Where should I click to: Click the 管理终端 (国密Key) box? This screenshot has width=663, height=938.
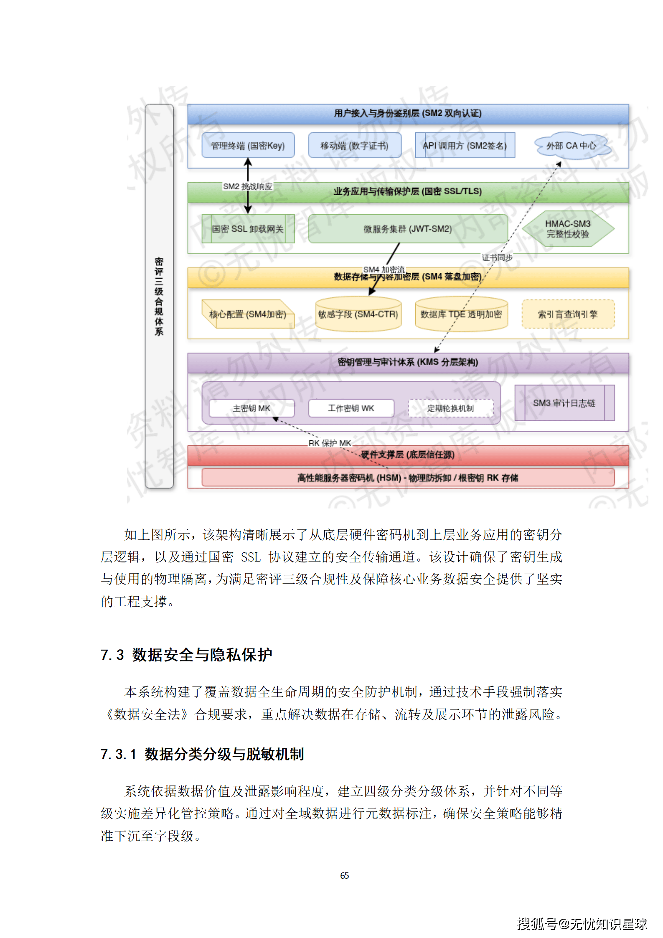pyautogui.click(x=248, y=145)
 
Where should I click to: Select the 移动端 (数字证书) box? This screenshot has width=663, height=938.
pyautogui.click(x=354, y=145)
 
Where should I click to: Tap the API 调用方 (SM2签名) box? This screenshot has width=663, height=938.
pyautogui.click(x=465, y=145)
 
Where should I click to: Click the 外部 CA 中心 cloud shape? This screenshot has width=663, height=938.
pyautogui.click(x=571, y=146)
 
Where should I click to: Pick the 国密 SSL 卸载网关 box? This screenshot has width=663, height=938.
pyautogui.click(x=248, y=229)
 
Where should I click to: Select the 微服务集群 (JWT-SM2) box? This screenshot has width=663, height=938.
pyautogui.click(x=408, y=229)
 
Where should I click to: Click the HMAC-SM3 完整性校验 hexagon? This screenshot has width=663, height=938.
pyautogui.click(x=568, y=229)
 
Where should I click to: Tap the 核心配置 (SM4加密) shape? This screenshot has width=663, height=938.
pyautogui.click(x=248, y=314)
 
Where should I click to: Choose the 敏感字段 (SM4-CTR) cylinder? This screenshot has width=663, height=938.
pyautogui.click(x=358, y=314)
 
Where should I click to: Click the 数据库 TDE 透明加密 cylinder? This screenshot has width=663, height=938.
pyautogui.click(x=461, y=314)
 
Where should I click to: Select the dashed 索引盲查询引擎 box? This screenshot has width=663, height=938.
pyautogui.click(x=568, y=314)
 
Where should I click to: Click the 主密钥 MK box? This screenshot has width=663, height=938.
pyautogui.click(x=251, y=408)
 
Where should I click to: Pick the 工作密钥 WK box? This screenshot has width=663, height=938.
pyautogui.click(x=351, y=408)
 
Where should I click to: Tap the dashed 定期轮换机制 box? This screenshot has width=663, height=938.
pyautogui.click(x=450, y=408)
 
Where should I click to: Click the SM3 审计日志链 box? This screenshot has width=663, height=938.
pyautogui.click(x=564, y=403)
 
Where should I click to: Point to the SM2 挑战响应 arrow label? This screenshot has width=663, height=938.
pyautogui.click(x=247, y=186)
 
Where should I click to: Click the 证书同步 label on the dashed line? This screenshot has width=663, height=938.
pyautogui.click(x=497, y=258)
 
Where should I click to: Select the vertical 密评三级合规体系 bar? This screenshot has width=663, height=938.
pyautogui.click(x=159, y=296)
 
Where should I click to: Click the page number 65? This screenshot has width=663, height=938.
pyautogui.click(x=344, y=875)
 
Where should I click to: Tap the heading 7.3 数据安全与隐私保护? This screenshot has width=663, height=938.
pyautogui.click(x=186, y=655)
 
